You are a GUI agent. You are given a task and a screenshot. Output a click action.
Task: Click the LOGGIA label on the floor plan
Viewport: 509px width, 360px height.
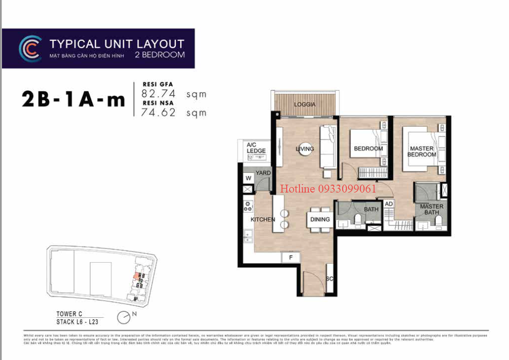tap(304, 105)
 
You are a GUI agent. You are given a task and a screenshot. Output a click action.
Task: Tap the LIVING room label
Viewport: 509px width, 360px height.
tap(304, 149)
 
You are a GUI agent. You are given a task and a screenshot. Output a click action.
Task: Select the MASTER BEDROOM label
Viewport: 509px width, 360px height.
tap(421, 151)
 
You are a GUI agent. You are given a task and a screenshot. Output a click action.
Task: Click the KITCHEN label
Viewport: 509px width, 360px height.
tap(263, 220)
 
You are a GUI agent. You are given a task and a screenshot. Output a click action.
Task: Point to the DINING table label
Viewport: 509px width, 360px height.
tap(320, 220)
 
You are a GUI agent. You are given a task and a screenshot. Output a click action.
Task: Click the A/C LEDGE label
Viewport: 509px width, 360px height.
tap(256, 148)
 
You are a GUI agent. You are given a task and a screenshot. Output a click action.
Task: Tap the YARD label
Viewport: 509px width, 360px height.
tap(263, 173)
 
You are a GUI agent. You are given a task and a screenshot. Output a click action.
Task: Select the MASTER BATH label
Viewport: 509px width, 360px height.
tap(431, 210)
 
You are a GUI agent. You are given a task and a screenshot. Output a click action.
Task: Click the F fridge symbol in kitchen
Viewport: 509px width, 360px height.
tap(290, 257)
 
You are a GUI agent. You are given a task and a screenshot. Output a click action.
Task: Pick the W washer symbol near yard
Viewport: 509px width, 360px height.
tap(248, 178)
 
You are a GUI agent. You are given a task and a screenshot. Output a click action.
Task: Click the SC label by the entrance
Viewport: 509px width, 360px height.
tap(329, 278)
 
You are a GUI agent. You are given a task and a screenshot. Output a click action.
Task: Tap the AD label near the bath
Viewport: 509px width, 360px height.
tap(388, 204)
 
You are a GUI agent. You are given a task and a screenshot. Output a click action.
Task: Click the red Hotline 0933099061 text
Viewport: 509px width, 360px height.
tap(328, 189)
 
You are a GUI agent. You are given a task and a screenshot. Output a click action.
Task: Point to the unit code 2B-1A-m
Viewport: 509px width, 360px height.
tap(73, 100)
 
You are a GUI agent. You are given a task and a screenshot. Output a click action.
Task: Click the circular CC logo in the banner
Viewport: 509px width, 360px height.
tap(30, 48)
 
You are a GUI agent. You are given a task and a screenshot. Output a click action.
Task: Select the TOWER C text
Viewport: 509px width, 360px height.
tap(66, 314)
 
